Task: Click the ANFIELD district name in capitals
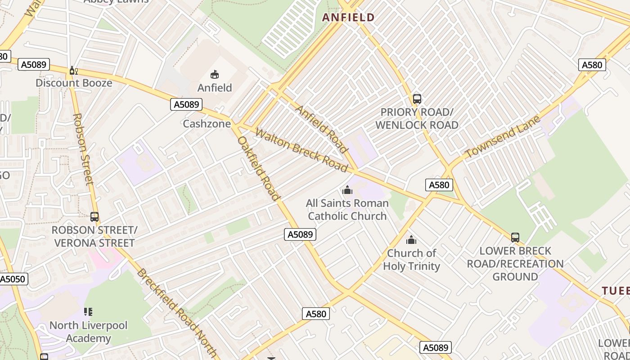[x=348, y=18]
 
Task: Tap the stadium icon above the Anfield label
[x=215, y=74]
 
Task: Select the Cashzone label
[x=207, y=124]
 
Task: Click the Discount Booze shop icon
[x=73, y=71]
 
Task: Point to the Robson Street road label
[x=83, y=149]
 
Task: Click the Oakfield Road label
[x=259, y=168]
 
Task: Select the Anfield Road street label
[x=321, y=129]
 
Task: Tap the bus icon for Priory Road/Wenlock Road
[x=417, y=99]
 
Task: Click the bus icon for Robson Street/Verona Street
[x=94, y=217]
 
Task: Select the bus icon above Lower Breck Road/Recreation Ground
[x=515, y=238]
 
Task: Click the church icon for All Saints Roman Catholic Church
[x=347, y=190]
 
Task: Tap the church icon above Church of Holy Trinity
[x=411, y=240]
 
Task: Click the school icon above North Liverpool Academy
[x=88, y=312]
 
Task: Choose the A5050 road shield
[x=13, y=279]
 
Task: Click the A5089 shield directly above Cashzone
[x=186, y=105]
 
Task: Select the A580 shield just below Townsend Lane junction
[x=439, y=185]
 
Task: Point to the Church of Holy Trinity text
[x=411, y=260]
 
